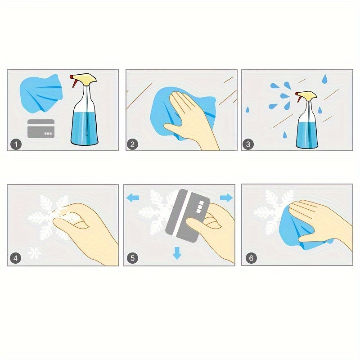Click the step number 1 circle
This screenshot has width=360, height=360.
tap(16, 144)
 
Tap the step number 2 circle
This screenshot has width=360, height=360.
tap(132, 144)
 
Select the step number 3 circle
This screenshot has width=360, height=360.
tap(248, 144)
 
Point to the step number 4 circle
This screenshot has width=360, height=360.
tap(15, 258)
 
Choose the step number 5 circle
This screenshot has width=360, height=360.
tap(133, 258)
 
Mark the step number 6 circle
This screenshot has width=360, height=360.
tap(251, 258)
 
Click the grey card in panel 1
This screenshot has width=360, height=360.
tap(41, 129)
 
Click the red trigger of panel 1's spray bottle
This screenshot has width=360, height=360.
tap(73, 81)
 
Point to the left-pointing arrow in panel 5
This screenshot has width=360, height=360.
tap(133, 198)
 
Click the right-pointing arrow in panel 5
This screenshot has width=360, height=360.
tap(227, 198)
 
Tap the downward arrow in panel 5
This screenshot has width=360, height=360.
tap(177, 253)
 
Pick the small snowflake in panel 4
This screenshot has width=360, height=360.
tap(35, 253)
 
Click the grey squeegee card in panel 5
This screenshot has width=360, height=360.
tap(187, 216)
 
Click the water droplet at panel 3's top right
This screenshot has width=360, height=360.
tap(324, 79)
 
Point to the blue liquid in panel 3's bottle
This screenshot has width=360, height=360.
tap(307, 135)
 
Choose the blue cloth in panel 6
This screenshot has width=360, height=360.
tap(298, 229)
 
